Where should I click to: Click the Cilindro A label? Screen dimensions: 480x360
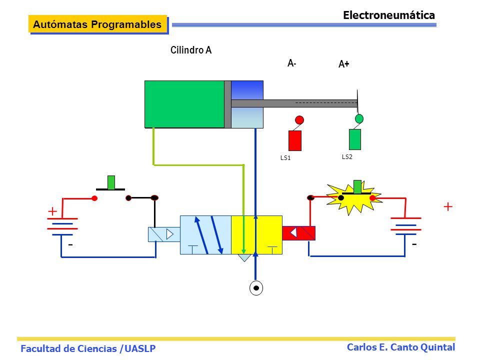190,50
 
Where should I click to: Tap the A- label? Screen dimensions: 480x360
291,63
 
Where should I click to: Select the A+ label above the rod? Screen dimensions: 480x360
344,64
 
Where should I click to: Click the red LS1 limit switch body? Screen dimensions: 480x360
295,140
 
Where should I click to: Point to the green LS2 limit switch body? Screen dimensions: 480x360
355,139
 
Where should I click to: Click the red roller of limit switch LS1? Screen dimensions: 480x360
299,119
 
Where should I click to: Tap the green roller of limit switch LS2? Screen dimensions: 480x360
359,118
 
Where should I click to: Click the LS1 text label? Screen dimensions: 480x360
285,158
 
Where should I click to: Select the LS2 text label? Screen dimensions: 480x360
347,157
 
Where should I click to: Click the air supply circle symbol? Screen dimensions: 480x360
256,288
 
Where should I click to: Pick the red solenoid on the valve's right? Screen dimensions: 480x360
299,233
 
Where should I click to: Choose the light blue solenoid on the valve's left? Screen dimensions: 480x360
164,234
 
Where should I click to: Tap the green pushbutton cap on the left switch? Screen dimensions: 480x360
111,182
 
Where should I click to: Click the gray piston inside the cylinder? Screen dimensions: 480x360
228,104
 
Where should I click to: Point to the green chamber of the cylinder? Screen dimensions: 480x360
184,104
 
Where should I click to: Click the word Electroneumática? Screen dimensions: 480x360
389,15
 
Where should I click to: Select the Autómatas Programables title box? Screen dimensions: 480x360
98,24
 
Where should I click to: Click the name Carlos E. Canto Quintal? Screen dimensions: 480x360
400,347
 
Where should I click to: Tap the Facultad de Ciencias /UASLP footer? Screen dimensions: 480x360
88,348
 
